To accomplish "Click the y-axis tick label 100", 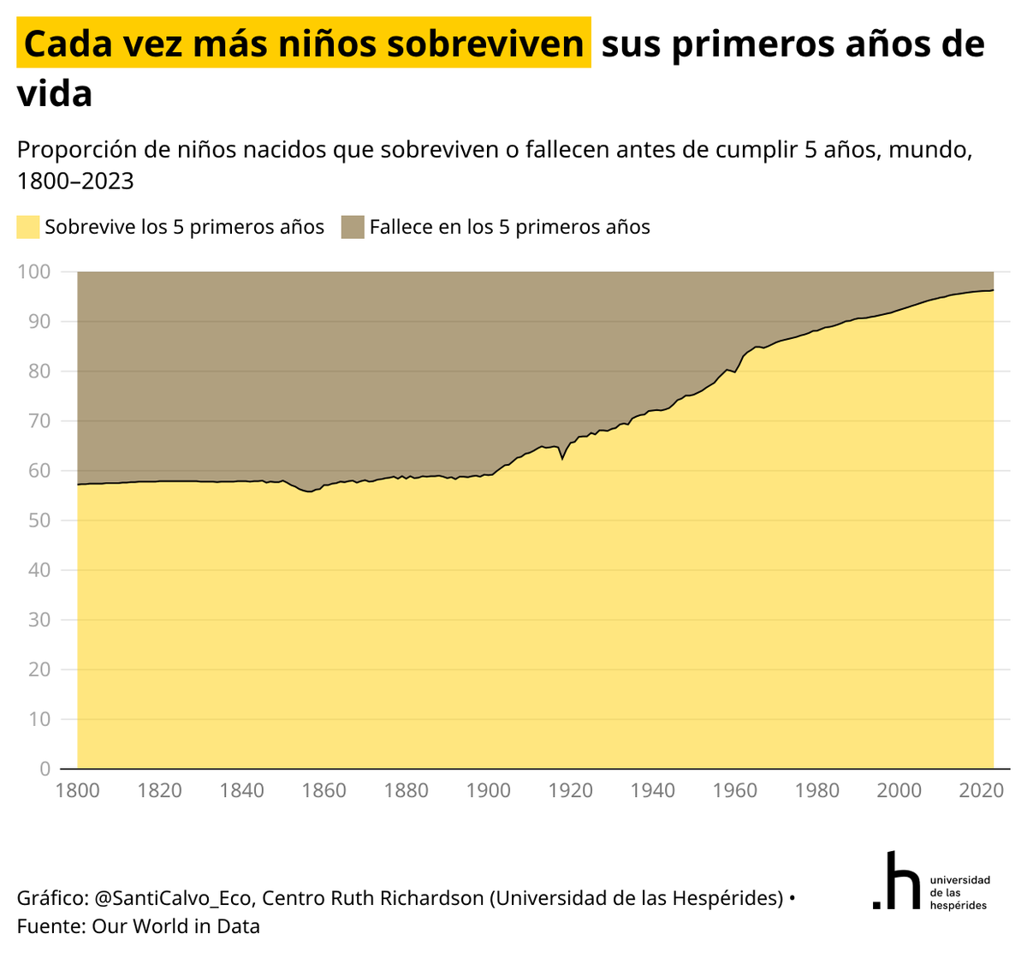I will pos(33,272).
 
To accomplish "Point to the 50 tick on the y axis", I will pos(39,521).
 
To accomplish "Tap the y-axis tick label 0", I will pos(45,769).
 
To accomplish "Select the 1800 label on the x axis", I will pos(78,790).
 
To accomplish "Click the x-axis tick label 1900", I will pos(489,790).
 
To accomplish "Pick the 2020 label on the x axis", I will pos(981,790).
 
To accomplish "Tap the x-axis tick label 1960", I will pos(735,790).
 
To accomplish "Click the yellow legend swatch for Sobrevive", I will pos(28,227).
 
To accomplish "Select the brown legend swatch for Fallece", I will pos(353,227).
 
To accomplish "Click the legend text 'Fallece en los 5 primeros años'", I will pos(509,227).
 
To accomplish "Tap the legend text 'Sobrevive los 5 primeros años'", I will pos(184,227).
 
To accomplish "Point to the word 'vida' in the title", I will pos(55,93).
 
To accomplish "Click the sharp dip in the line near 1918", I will pos(562,459).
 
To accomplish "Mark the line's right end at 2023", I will pos(993,290).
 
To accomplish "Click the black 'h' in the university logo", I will pos(901,881).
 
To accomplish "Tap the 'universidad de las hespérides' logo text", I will pos(959,892).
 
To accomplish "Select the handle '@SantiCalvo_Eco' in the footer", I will pos(173,898).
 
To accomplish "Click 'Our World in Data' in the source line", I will pos(175,926).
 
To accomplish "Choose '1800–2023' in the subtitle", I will pos(75,181).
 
